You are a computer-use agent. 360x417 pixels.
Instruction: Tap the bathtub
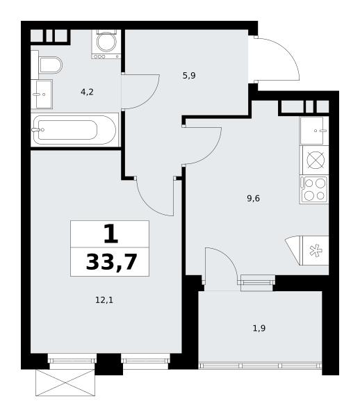[x=75, y=130]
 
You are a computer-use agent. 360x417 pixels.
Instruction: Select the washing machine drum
[x=106, y=42]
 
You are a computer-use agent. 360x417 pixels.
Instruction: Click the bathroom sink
[x=42, y=94]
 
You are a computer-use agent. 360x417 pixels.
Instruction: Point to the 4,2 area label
[x=87, y=92]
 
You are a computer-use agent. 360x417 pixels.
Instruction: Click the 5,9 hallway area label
[x=189, y=76]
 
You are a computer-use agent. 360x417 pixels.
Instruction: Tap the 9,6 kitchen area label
[x=253, y=198]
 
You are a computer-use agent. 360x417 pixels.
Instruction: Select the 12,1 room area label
[x=104, y=300]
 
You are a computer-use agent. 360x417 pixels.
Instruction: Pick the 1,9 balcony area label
[x=259, y=329]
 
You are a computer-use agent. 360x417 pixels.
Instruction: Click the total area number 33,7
[x=111, y=262]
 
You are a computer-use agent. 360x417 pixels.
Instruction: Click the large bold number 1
[x=111, y=234]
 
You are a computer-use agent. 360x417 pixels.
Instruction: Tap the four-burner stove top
[x=314, y=189]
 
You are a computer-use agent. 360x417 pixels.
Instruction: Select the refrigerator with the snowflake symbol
[x=307, y=250]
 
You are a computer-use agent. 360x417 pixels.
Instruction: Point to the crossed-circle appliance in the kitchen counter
[x=316, y=160]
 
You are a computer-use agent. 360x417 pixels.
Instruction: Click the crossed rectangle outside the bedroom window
[x=65, y=383]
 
